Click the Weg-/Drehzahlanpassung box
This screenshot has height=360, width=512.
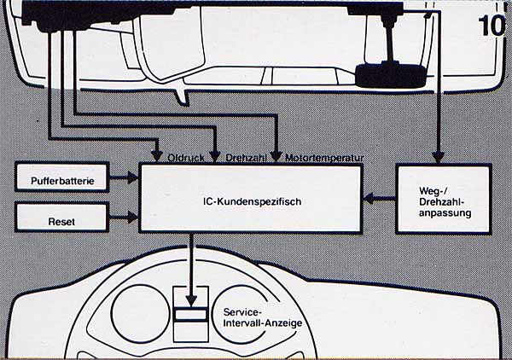coord(444,200)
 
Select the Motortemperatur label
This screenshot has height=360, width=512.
coord(325,159)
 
